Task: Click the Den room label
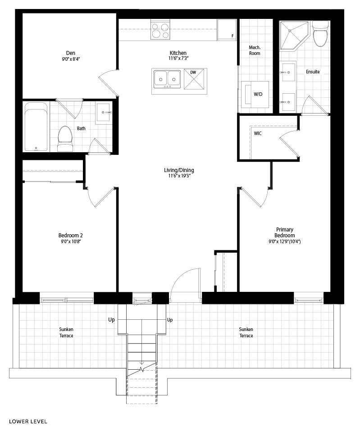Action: click(70, 53)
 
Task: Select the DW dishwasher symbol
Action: click(195, 79)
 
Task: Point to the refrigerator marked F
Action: click(226, 29)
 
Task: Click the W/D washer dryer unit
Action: click(255, 94)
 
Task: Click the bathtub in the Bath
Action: click(36, 127)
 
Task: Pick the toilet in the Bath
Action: click(65, 139)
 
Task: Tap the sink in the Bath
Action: click(104, 113)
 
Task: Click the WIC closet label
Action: click(258, 133)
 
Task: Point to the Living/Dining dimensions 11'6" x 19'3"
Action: click(179, 176)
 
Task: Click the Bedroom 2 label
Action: click(70, 235)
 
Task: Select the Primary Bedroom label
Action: click(285, 232)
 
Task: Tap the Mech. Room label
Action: click(255, 50)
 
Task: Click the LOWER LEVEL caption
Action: click(28, 422)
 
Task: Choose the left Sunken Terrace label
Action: click(66, 332)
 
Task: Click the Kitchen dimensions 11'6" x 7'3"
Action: click(178, 58)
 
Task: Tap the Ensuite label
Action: click(313, 72)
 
